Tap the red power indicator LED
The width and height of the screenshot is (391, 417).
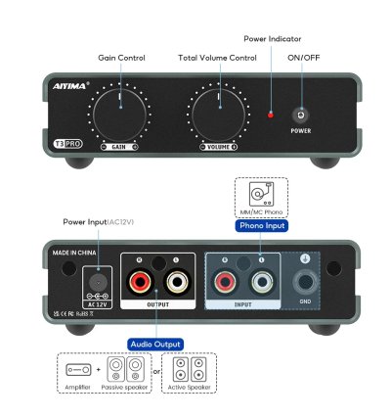coord(271,115)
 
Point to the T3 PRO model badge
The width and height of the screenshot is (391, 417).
coord(65,144)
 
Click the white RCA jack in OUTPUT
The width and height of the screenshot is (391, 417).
coord(176,286)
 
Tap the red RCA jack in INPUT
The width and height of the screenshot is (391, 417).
coord(224,286)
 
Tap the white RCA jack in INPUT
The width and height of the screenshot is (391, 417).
coord(261,286)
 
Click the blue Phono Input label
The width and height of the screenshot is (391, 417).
coord(262,226)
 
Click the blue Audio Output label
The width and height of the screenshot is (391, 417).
coord(155,344)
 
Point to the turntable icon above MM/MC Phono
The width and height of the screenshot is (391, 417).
coord(261,191)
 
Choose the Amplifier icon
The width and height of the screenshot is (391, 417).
coord(78,370)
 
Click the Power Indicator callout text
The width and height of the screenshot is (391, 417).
coord(272,39)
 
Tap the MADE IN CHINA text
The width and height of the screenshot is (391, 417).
coord(76,253)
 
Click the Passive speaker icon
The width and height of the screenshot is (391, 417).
coord(127,370)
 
